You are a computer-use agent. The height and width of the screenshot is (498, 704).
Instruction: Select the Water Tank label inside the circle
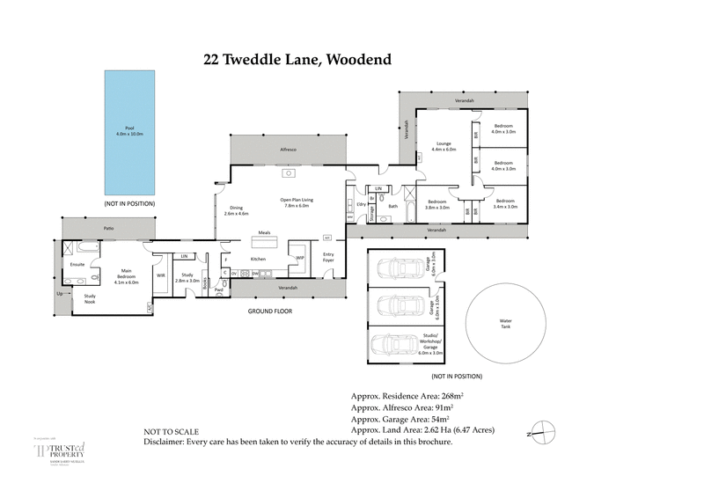(504, 324)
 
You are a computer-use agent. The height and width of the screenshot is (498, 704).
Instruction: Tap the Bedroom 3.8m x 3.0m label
(436, 204)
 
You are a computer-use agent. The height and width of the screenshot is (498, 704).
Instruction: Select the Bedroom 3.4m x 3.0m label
(505, 204)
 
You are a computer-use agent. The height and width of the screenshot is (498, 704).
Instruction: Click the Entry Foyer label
(328, 257)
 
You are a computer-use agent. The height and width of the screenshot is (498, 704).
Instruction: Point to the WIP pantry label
(300, 257)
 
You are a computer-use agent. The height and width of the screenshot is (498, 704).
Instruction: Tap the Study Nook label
(89, 298)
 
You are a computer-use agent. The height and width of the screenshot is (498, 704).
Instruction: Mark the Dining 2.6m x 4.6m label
(237, 210)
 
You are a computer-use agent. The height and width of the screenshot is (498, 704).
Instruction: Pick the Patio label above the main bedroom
(108, 228)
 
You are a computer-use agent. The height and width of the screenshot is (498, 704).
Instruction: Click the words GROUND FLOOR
(270, 311)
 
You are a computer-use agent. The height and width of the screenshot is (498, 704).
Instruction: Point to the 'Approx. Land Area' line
(422, 430)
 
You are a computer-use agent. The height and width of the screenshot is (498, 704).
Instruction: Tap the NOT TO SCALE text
(172, 432)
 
